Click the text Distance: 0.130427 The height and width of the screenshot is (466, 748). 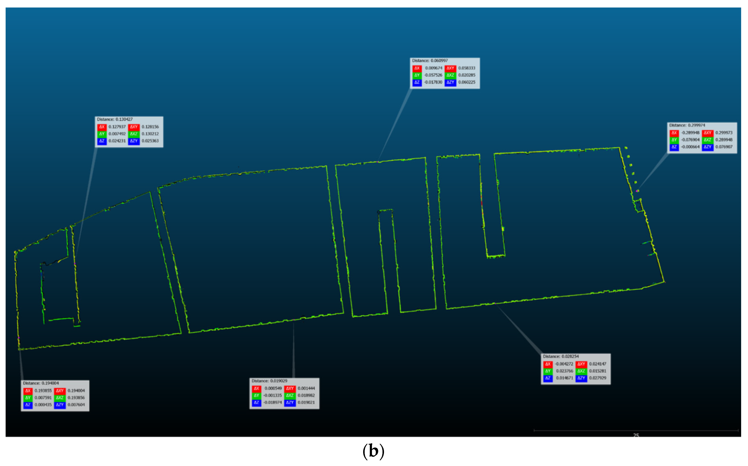115,119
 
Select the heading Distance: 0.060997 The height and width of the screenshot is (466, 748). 430,61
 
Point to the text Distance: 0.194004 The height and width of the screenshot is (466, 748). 41,383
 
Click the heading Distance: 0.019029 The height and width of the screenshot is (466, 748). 269,381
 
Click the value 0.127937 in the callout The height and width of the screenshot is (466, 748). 117,127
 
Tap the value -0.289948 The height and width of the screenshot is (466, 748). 690,133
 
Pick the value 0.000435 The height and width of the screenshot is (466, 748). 43,405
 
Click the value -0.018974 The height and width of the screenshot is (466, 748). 273,402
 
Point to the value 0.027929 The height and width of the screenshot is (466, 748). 598,378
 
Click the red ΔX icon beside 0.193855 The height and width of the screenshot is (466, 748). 28,391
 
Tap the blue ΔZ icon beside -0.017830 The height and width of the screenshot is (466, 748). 417,82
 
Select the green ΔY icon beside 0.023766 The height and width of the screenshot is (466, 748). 548,371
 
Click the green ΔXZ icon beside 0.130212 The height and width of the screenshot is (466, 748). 134,134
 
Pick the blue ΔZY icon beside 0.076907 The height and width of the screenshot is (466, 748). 707,147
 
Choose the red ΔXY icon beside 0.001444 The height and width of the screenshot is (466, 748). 289,388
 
